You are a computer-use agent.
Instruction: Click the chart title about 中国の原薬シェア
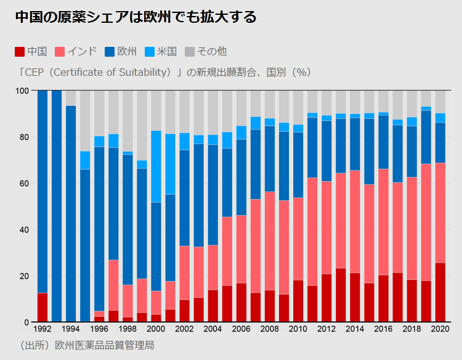click(x=136, y=17)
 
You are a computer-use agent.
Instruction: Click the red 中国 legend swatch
click(x=20, y=51)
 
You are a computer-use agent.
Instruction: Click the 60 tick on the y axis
click(x=24, y=183)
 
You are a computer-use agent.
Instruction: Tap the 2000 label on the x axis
click(x=156, y=329)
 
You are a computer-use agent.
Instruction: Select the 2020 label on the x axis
click(x=440, y=329)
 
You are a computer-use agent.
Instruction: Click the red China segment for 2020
click(x=440, y=292)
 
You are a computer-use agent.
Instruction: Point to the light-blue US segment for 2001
click(x=170, y=164)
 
